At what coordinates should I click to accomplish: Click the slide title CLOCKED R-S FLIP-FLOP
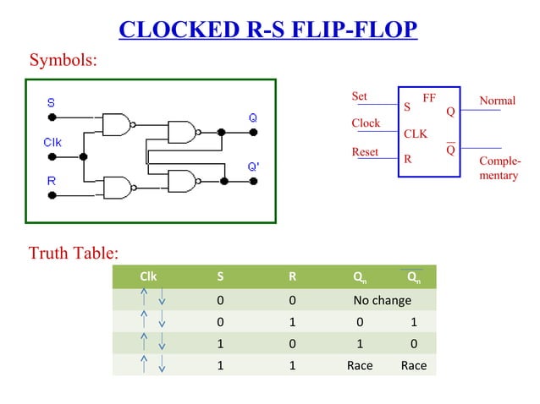pyautogui.click(x=269, y=30)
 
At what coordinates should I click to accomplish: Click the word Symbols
pyautogui.click(x=63, y=61)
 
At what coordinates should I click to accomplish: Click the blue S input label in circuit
pyautogui.click(x=52, y=102)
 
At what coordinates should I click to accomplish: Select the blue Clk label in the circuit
pyautogui.click(x=52, y=142)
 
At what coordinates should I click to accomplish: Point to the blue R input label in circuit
pyautogui.click(x=52, y=181)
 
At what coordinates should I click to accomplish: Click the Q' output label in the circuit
pyautogui.click(x=253, y=167)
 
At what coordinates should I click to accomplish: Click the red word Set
pyautogui.click(x=360, y=96)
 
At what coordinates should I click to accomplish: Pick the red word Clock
pyautogui.click(x=366, y=123)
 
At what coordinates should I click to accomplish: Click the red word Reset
pyautogui.click(x=365, y=152)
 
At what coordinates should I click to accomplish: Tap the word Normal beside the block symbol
pyautogui.click(x=497, y=101)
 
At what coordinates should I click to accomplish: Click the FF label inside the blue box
pyautogui.click(x=429, y=97)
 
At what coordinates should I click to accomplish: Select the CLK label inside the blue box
pyautogui.click(x=416, y=134)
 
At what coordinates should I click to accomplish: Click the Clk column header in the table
pyautogui.click(x=148, y=276)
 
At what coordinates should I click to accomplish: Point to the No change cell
pyautogui.click(x=382, y=300)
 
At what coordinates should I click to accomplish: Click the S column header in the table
pyautogui.click(x=220, y=276)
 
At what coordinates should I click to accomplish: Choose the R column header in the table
pyautogui.click(x=292, y=276)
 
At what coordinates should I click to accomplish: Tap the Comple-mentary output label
pyautogui.click(x=499, y=167)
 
